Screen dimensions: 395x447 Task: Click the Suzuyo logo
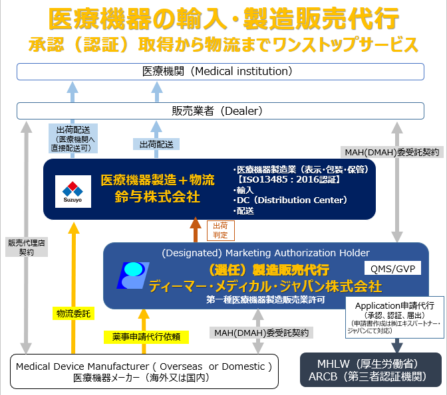(x=69, y=189)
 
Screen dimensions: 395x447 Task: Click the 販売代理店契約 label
(x=25, y=247)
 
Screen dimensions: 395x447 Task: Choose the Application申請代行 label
(x=393, y=308)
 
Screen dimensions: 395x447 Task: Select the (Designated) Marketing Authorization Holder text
(x=265, y=253)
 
